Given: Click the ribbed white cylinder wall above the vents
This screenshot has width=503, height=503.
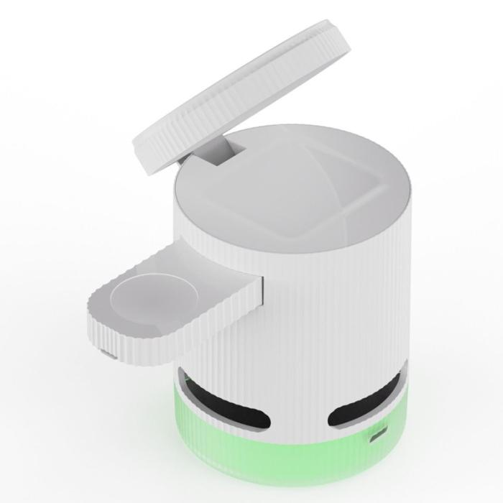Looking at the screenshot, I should pos(323,323).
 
